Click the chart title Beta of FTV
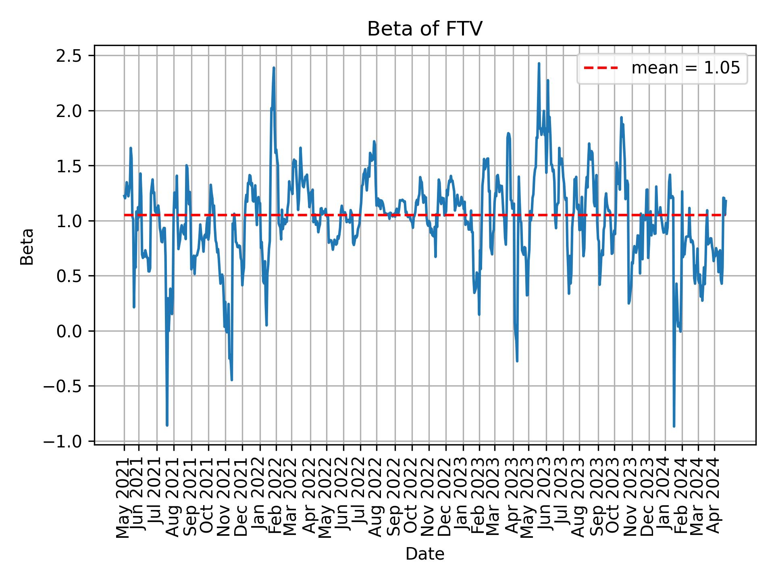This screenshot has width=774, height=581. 424,29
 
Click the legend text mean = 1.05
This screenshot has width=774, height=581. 685,69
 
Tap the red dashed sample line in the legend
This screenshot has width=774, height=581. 601,69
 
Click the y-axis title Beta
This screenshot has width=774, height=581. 27,247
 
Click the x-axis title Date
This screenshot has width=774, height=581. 424,554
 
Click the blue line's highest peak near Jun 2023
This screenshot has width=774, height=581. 539,64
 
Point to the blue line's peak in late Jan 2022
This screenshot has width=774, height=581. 274,68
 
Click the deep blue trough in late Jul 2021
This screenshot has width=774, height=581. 167,425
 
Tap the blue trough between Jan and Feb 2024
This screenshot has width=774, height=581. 674,426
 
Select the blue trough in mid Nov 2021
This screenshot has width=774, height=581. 231,380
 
